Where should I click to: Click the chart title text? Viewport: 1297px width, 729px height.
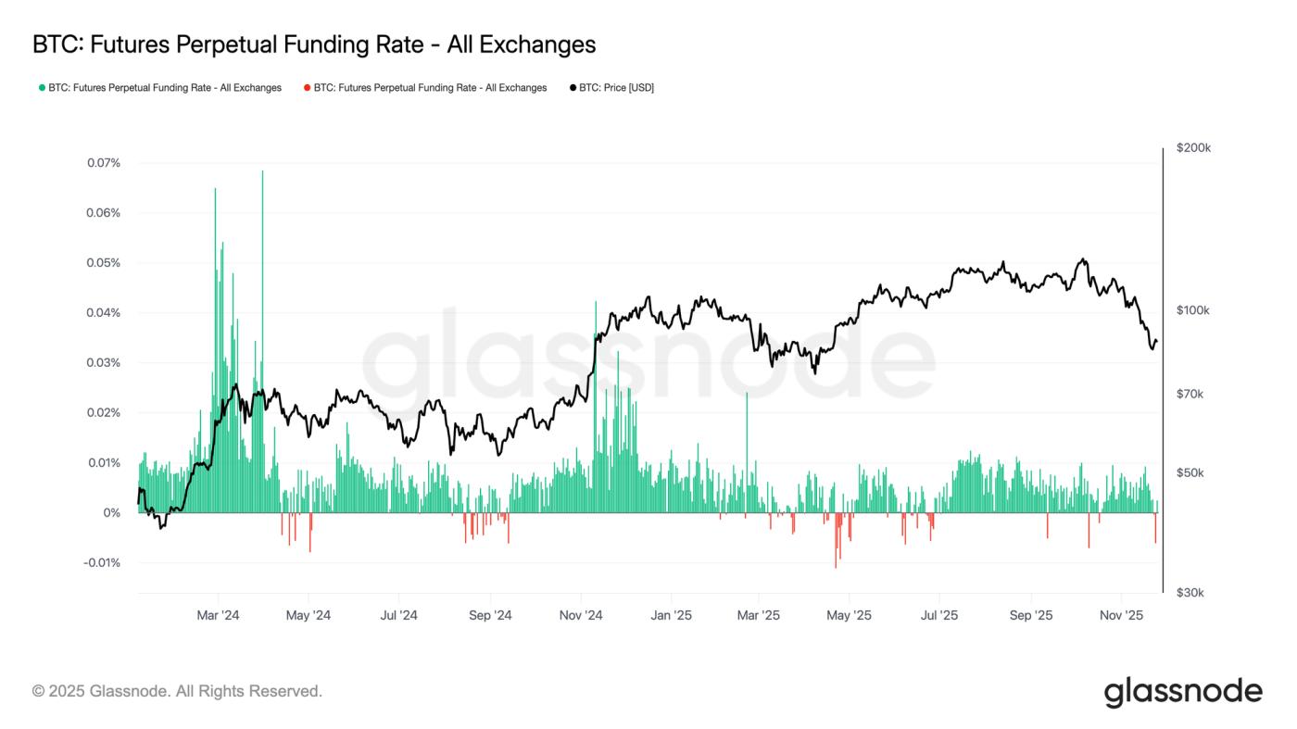313,44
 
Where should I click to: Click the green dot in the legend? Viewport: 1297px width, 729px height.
42,88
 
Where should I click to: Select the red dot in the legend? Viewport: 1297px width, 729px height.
307,88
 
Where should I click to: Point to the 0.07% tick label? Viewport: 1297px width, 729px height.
103,163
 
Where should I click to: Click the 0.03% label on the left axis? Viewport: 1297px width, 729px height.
103,363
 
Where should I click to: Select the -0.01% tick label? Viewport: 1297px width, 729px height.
101,563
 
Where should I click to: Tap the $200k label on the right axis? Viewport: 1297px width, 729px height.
1193,148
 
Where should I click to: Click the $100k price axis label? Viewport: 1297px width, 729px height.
1193,310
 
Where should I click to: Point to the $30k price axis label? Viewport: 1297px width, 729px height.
1190,593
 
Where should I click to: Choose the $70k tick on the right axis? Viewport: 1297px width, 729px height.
1190,395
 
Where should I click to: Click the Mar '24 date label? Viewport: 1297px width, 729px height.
219,616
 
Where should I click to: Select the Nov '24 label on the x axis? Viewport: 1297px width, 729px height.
582,616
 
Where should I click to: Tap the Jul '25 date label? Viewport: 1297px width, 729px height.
940,616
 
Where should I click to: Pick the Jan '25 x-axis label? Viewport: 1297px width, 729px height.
672,616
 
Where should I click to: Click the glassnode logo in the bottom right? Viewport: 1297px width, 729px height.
1183,692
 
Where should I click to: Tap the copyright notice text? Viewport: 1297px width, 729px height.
177,691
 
